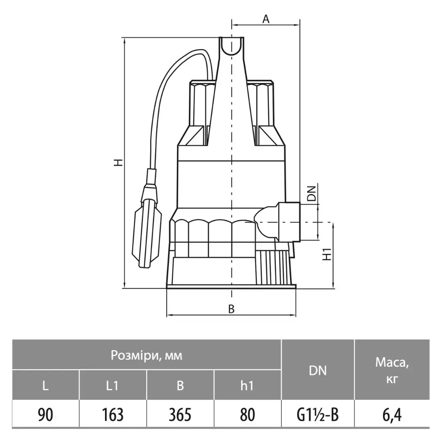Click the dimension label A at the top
(266, 19)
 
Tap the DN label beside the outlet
(312, 193)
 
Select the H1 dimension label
(327, 254)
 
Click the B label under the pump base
(231, 309)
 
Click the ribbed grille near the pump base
(274, 267)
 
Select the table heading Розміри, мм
(146, 355)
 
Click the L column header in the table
(46, 385)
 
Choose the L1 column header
(112, 385)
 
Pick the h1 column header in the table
(247, 385)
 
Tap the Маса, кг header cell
(392, 370)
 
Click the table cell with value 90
(46, 414)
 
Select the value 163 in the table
(112, 414)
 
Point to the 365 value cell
(180, 414)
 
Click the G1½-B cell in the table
(317, 414)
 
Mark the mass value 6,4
(392, 415)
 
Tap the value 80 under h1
(247, 414)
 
